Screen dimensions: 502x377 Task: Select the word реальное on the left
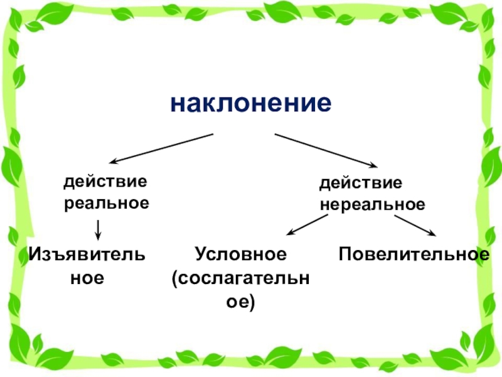[107, 203]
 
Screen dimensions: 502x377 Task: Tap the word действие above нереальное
[360, 185]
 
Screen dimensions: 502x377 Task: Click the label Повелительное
[414, 254]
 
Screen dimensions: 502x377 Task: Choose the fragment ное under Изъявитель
[86, 277]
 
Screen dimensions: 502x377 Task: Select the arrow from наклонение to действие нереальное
[325, 150]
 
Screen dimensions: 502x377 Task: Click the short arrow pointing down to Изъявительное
[98, 229]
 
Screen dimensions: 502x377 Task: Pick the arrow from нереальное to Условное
[307, 225]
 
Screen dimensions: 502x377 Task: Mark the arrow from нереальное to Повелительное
[414, 226]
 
